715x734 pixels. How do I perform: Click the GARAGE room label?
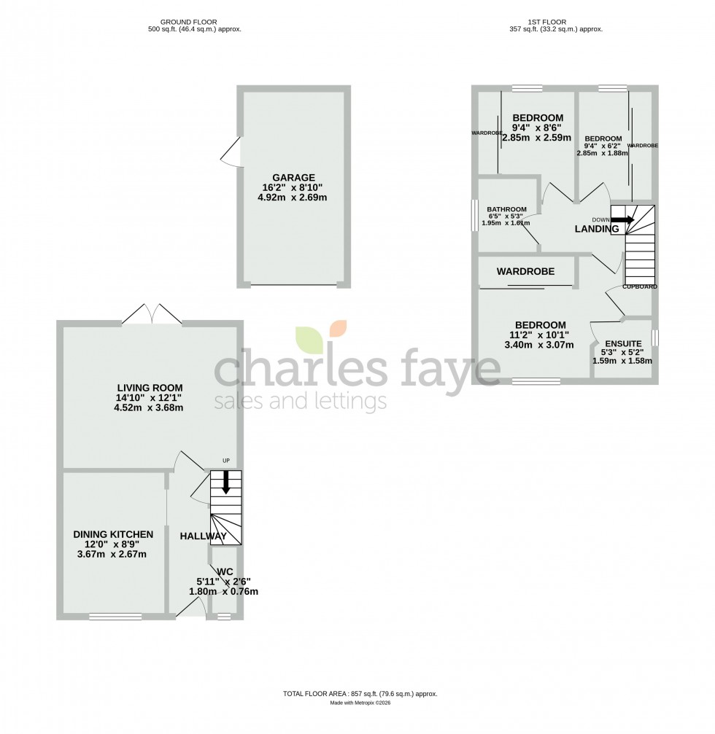[294, 177]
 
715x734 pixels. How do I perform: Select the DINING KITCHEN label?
[113, 534]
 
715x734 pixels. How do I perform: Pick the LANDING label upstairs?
[597, 229]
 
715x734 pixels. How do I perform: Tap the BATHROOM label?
[507, 209]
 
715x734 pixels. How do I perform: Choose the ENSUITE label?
[622, 343]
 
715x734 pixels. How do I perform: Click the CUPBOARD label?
[640, 286]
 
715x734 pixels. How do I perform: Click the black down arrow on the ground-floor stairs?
[225, 482]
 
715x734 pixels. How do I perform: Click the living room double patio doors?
[152, 315]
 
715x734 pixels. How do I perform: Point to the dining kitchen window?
[115, 617]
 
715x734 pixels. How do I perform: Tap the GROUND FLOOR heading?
[194, 23]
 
